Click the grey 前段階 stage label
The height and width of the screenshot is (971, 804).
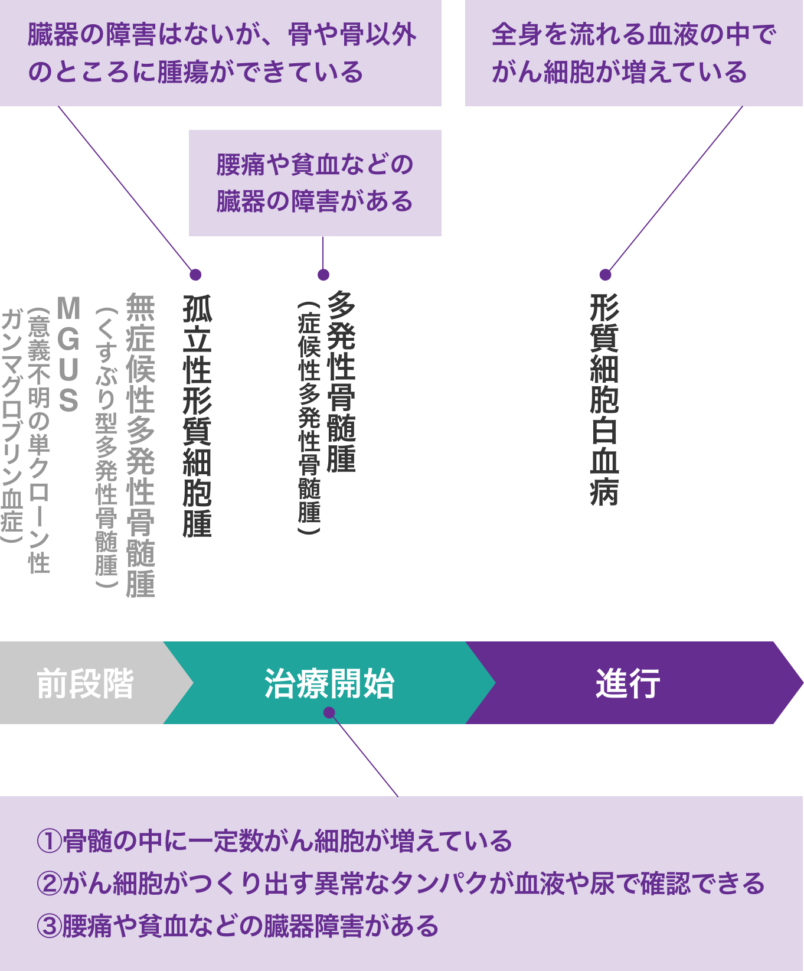(85, 683)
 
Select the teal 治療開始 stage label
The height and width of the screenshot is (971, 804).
(329, 683)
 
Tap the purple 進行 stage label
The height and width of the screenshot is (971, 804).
(627, 683)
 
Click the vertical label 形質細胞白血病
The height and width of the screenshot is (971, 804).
(604, 400)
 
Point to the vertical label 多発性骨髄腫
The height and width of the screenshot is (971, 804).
(341, 382)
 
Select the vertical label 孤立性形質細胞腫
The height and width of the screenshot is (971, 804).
(197, 415)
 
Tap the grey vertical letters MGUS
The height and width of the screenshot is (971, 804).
(69, 354)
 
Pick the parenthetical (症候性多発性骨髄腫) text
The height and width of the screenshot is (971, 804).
(309, 418)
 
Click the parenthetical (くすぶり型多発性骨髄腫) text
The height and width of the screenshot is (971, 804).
(106, 447)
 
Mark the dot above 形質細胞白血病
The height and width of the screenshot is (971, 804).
(605, 275)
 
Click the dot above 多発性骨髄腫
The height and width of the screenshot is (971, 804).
(323, 275)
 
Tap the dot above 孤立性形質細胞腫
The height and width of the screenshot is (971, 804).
(196, 275)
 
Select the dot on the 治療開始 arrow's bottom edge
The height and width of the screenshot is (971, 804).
(329, 713)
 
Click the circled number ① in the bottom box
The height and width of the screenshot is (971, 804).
(50, 841)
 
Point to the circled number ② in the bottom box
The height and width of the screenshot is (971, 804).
(50, 884)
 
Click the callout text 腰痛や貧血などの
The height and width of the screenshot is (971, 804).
(315, 164)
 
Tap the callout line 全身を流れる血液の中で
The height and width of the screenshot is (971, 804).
(633, 34)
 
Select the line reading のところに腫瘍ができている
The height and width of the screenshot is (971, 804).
(195, 72)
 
